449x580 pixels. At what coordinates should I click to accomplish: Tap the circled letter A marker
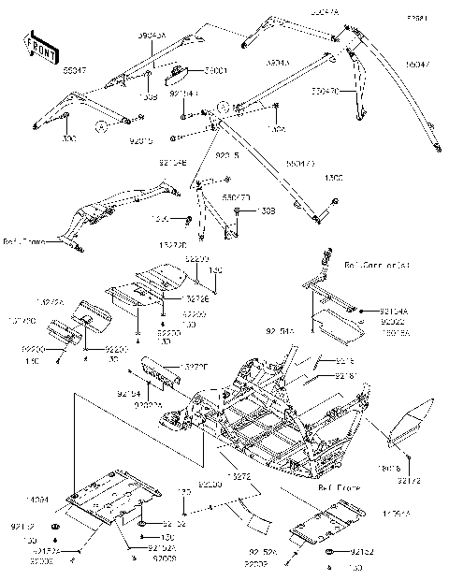point(101,124)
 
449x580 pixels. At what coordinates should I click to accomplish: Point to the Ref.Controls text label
point(377,265)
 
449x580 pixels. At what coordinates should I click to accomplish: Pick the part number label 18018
point(390,469)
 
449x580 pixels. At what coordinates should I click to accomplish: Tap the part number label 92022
point(391,320)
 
